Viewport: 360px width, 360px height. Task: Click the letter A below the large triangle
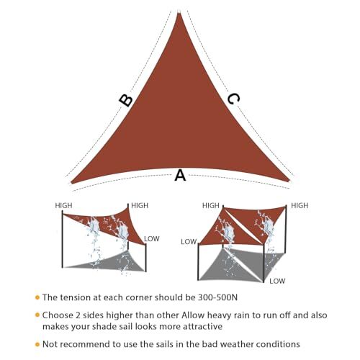(x=180, y=176)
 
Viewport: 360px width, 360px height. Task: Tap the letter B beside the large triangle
(x=126, y=100)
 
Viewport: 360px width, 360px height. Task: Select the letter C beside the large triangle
(x=233, y=99)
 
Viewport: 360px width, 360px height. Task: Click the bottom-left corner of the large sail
(x=72, y=183)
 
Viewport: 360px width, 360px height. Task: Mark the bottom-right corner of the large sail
(x=289, y=181)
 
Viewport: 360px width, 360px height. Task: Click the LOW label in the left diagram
(x=152, y=238)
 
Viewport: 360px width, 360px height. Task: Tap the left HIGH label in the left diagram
(x=64, y=205)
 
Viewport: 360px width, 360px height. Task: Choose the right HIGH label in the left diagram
(x=140, y=205)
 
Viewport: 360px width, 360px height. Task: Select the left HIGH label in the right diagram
(x=211, y=205)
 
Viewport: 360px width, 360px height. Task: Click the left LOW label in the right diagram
(x=189, y=242)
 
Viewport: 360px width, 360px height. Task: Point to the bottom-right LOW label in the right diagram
(x=278, y=281)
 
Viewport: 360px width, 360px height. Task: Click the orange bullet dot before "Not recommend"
(x=37, y=343)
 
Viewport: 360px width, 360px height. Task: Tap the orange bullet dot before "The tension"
(x=37, y=297)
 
